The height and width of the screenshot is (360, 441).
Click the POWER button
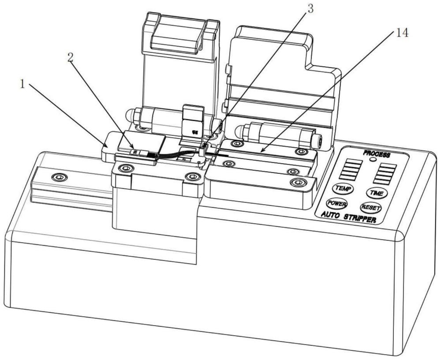336,203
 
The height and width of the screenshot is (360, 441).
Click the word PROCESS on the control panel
377,154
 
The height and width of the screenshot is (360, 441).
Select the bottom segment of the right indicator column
383,180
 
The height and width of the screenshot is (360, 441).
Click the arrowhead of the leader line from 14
260,153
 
